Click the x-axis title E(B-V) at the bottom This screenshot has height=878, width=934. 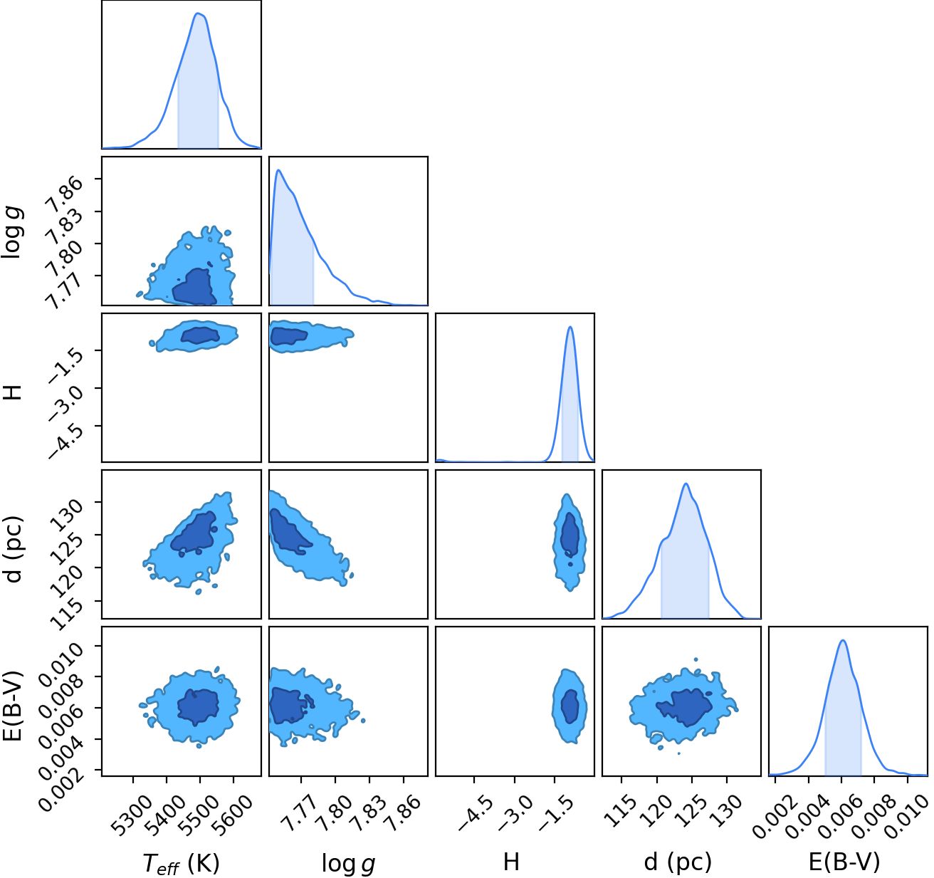[x=844, y=862]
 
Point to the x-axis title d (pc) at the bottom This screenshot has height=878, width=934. [x=678, y=862]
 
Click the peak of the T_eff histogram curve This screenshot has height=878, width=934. [x=197, y=14]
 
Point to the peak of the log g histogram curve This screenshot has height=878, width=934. [x=278, y=170]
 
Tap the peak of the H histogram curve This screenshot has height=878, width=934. [x=570, y=327]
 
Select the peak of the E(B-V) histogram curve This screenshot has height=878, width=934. [x=843, y=640]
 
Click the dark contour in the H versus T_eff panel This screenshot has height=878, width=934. [x=200, y=335]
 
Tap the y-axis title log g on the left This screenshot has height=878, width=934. [x=13, y=233]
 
